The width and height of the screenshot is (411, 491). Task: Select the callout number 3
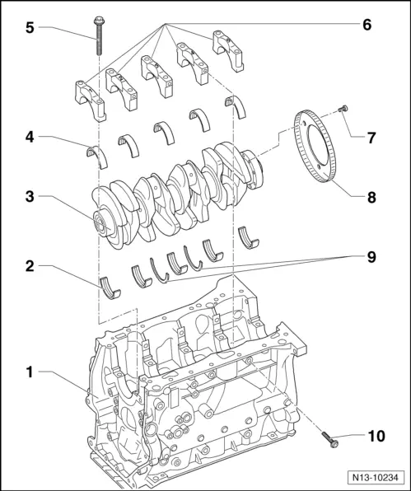pyautogui.click(x=28, y=197)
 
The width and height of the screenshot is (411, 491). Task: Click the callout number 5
pyautogui.click(x=28, y=26)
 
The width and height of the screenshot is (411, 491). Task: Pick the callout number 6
pyautogui.click(x=367, y=25)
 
